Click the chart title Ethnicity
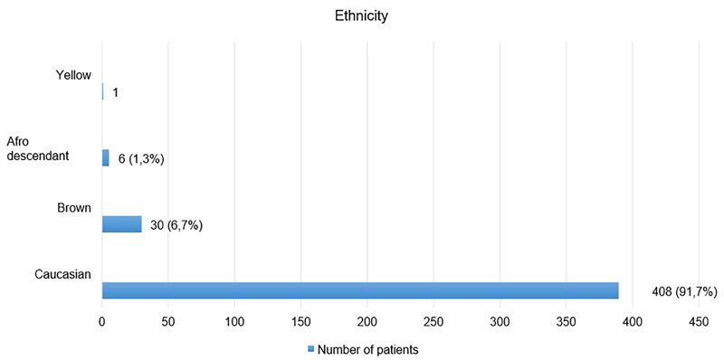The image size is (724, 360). tap(361, 16)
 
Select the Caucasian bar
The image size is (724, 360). tap(360, 290)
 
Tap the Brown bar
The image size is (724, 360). tap(122, 223)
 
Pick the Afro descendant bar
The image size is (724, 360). tap(106, 158)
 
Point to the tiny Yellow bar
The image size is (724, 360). tap(103, 91)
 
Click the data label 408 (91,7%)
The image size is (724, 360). tap(683, 291)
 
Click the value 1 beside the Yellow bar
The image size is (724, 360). tap(116, 93)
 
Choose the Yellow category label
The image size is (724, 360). tap(73, 75)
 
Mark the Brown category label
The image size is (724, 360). tap(74, 208)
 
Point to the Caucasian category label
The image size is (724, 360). tap(62, 274)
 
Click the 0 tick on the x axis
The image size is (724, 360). tap(102, 323)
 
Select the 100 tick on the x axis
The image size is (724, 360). tap(234, 323)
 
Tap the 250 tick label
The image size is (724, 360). tap(433, 323)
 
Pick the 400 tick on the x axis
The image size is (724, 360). tap(633, 323)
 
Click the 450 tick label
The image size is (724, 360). tap(699, 323)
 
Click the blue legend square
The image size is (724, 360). tap(311, 349)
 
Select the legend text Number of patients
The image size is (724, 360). tap(368, 350)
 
